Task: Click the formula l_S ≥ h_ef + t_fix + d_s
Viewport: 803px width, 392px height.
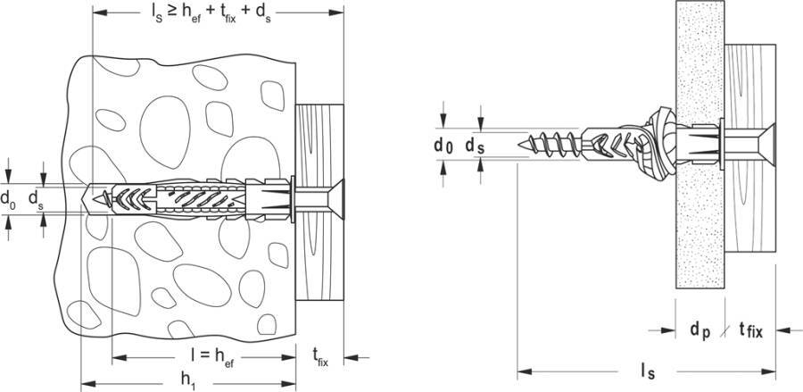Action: pos(217,16)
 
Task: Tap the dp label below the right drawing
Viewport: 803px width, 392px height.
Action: pos(700,329)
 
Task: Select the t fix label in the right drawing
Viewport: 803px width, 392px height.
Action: pos(750,330)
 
